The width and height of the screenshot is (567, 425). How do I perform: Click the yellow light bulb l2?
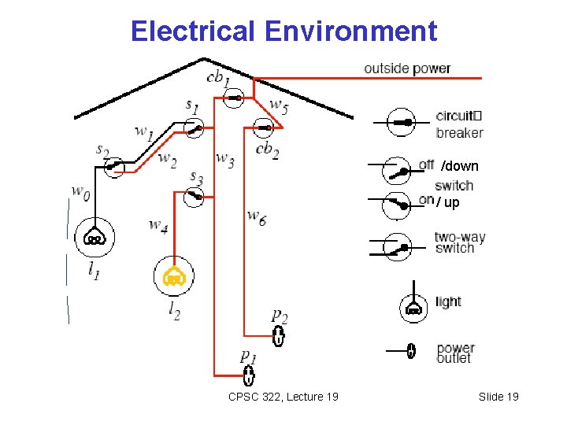(x=173, y=275)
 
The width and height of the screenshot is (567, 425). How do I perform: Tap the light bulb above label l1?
(x=94, y=238)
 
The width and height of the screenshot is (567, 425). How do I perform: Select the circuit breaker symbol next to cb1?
(x=235, y=98)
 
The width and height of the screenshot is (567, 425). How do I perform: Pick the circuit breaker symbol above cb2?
(x=263, y=126)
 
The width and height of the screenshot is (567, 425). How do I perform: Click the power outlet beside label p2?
(x=278, y=338)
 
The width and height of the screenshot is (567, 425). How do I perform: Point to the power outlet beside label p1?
(x=249, y=375)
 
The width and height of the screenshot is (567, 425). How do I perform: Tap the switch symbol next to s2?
(x=115, y=166)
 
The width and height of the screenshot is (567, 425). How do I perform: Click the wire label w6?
(x=256, y=216)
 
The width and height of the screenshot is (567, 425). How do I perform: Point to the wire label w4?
(x=158, y=226)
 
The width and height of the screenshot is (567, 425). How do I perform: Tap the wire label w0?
(x=80, y=191)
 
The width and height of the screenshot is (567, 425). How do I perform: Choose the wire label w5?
(x=279, y=105)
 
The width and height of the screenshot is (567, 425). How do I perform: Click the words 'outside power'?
(x=407, y=68)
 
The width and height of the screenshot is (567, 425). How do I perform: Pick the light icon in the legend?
(x=413, y=308)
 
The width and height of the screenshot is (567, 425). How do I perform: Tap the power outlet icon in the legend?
(x=410, y=351)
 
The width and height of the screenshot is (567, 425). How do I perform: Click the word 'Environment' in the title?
(x=350, y=31)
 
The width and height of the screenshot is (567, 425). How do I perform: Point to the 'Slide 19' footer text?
(x=498, y=397)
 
